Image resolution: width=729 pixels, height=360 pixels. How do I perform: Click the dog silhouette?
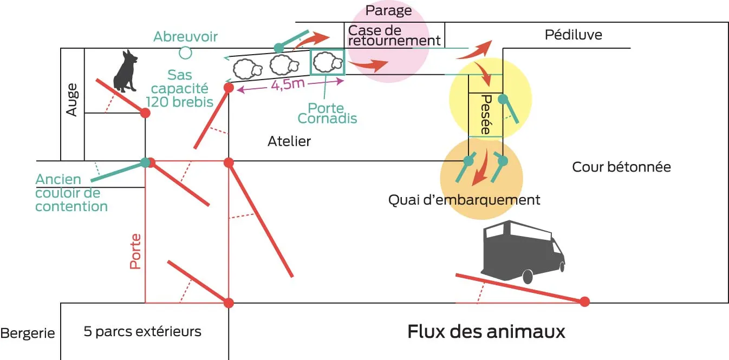pyautogui.click(x=125, y=71)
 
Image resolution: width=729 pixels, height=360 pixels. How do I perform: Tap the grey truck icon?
pyautogui.click(x=522, y=249)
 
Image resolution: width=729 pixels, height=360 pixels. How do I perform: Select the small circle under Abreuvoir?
pyautogui.click(x=186, y=53)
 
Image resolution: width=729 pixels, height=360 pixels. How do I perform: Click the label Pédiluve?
pyautogui.click(x=573, y=35)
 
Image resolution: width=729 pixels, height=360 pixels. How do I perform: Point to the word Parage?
pyautogui.click(x=388, y=10)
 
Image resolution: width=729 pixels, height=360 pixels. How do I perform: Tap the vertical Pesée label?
pyautogui.click(x=485, y=115)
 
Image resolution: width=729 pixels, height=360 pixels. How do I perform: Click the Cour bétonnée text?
pyautogui.click(x=621, y=167)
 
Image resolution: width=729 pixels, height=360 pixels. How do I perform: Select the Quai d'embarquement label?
pyautogui.click(x=464, y=200)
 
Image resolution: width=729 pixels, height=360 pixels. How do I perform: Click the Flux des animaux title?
pyautogui.click(x=486, y=331)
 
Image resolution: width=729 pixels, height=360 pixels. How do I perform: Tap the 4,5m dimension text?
pyautogui.click(x=287, y=86)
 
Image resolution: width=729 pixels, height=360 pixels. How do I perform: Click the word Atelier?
pyautogui.click(x=289, y=141)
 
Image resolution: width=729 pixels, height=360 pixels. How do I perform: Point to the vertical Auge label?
pyautogui.click(x=72, y=99)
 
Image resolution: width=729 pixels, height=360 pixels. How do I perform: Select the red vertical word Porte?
pyautogui.click(x=135, y=251)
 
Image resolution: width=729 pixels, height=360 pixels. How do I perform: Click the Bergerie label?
pyautogui.click(x=28, y=333)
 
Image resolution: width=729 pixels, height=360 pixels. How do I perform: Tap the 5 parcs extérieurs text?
pyautogui.click(x=142, y=331)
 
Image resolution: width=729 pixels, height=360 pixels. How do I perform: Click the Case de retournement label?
pyautogui.click(x=394, y=35)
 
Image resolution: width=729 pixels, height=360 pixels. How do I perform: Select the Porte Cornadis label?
pyautogui.click(x=328, y=113)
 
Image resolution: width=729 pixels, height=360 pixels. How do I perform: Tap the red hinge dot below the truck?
pyautogui.click(x=584, y=302)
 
